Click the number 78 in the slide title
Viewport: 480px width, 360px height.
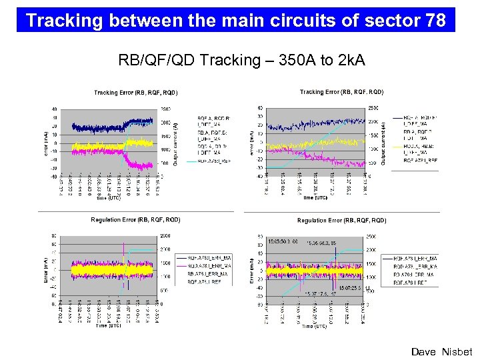tap(435, 21)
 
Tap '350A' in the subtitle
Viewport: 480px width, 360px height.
tap(289, 61)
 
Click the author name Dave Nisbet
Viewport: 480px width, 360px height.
tap(441, 351)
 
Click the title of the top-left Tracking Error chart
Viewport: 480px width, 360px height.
tap(135, 93)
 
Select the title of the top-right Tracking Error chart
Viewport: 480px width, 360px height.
tap(341, 92)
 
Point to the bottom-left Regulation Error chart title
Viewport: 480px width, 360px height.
tap(135, 219)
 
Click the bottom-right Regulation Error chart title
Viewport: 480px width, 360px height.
tap(341, 220)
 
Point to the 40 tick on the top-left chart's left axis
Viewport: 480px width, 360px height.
tap(55, 109)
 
